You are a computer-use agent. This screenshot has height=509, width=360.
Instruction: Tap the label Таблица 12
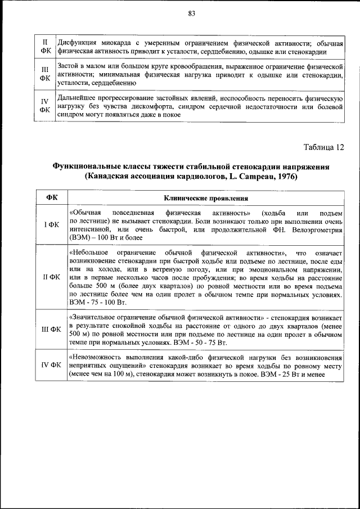tap(323, 148)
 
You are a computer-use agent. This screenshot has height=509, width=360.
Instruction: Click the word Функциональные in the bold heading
tap(85, 167)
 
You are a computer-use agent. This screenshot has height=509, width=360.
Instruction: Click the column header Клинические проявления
tap(206, 198)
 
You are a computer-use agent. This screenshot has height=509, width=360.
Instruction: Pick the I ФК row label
tap(51, 225)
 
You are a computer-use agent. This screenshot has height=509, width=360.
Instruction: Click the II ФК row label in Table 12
tap(51, 277)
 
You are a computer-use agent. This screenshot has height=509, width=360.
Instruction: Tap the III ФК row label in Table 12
tap(51, 329)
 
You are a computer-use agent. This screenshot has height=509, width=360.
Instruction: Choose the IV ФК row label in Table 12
tap(51, 366)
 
